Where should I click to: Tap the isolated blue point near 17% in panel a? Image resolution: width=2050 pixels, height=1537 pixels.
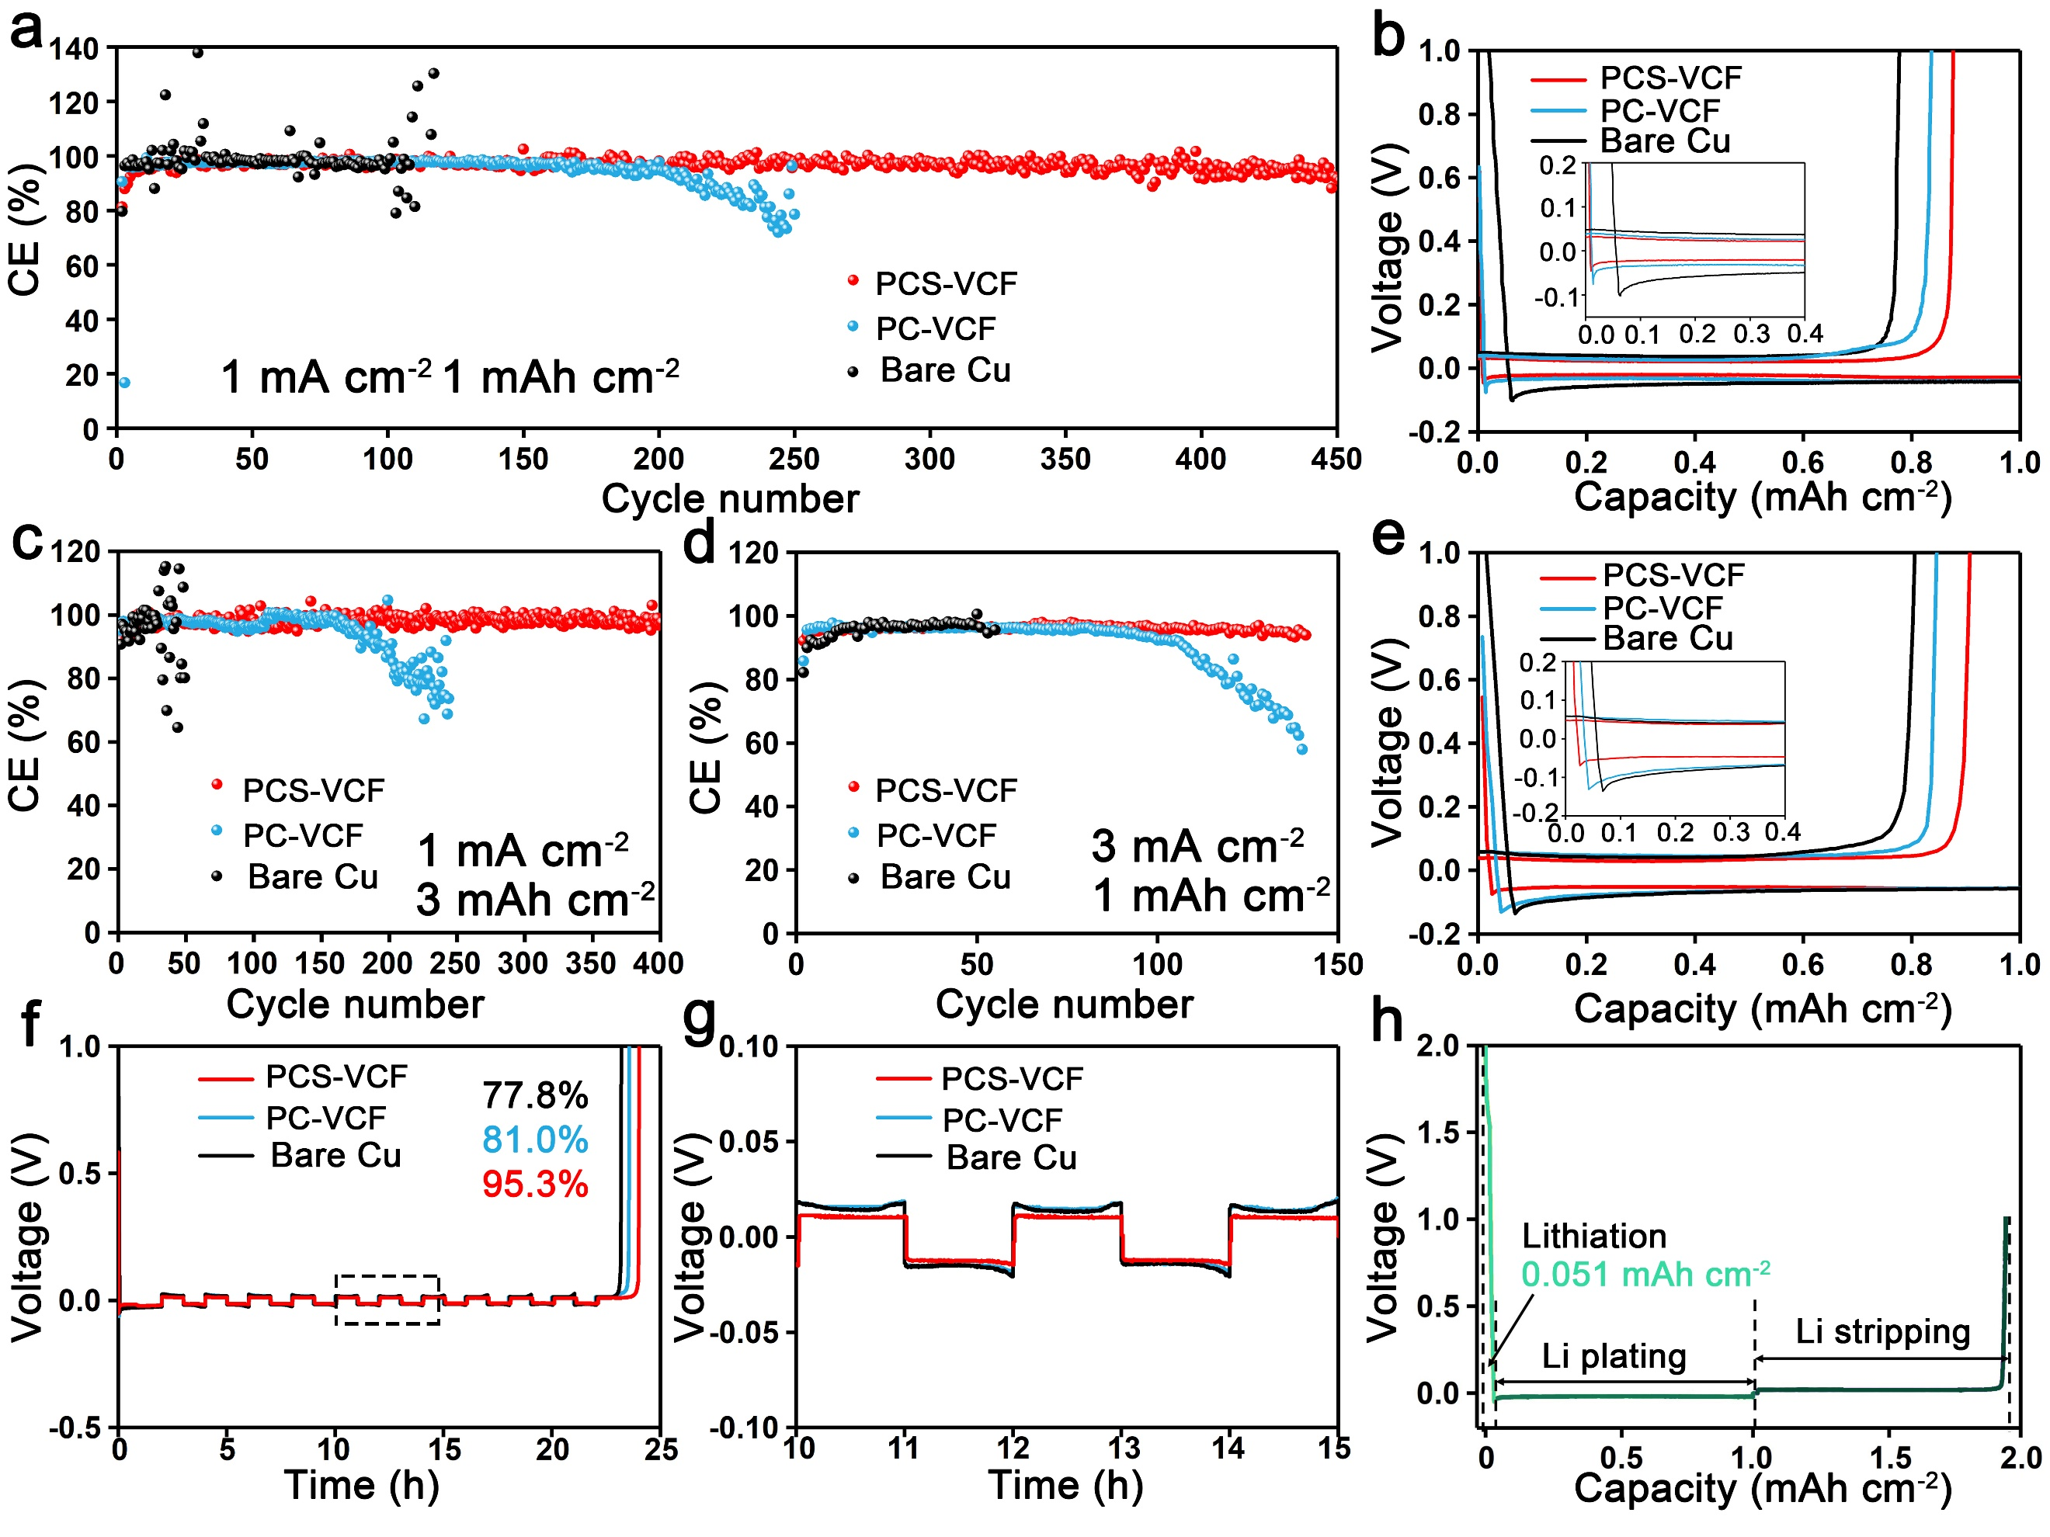124,383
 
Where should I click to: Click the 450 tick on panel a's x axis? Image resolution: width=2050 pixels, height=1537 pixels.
1336,459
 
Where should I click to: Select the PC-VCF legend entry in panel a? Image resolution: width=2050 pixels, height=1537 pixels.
935,328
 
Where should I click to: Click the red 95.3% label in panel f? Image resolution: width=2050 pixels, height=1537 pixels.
535,1184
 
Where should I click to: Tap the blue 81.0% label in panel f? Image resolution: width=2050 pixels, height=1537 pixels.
535,1140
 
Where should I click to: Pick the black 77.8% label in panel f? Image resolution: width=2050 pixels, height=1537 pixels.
535,1095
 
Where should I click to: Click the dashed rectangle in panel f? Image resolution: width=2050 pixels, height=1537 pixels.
387,1299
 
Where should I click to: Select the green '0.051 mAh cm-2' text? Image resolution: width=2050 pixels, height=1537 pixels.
1645,1275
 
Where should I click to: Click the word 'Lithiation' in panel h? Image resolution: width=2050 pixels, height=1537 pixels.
1594,1236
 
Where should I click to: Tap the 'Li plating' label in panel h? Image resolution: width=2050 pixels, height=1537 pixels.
1614,1356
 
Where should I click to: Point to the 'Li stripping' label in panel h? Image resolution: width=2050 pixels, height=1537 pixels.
1882,1331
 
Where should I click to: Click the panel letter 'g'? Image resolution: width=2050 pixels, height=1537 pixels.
700,1019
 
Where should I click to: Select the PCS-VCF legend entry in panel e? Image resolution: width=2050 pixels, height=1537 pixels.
1673,575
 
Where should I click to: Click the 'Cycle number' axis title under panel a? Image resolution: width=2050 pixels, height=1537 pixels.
730,498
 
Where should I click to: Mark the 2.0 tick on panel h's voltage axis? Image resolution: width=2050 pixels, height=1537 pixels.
1437,1047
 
